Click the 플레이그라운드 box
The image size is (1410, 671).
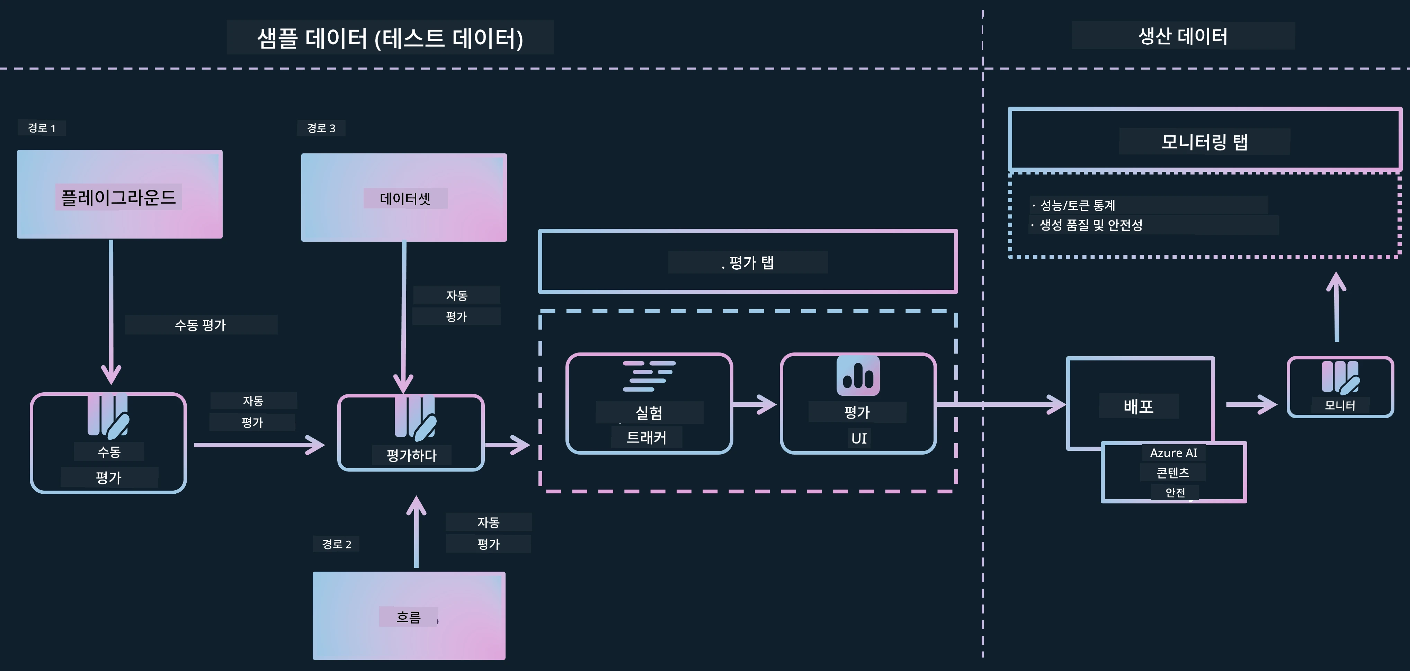pyautogui.click(x=119, y=194)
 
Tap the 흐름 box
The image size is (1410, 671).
pyautogui.click(x=409, y=616)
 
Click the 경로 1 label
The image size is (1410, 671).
pyautogui.click(x=42, y=128)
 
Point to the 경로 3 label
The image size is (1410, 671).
pyautogui.click(x=321, y=128)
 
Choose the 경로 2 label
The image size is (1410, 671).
pyautogui.click(x=337, y=544)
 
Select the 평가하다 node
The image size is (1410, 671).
pyautogui.click(x=411, y=433)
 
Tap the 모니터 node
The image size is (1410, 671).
pyautogui.click(x=1340, y=387)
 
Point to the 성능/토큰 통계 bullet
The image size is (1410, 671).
pyautogui.click(x=1073, y=205)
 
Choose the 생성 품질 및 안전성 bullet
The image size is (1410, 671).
pyautogui.click(x=1087, y=225)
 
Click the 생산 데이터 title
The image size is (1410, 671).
pyautogui.click(x=1183, y=36)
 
